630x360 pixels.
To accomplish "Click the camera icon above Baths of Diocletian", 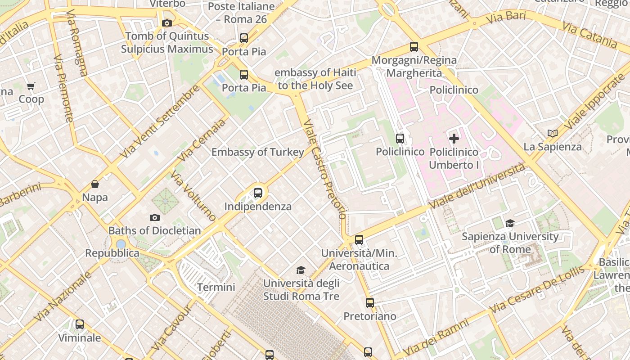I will [154, 218].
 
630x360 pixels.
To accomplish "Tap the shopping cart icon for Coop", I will [31, 86].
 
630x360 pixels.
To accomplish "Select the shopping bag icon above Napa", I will [95, 184].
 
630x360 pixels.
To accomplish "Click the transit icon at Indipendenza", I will [258, 193].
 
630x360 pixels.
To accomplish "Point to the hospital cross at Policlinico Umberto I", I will [454, 139].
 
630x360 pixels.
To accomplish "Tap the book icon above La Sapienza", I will [553, 133].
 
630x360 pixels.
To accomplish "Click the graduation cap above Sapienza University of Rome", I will [510, 223].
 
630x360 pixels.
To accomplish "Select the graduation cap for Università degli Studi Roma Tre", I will [301, 270].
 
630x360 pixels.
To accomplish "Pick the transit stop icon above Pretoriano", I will [370, 303].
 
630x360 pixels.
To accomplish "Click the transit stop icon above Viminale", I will [80, 324].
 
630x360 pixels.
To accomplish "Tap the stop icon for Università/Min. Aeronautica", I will [359, 240].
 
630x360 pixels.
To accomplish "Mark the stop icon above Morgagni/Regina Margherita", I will [414, 47].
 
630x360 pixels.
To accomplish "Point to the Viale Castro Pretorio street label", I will [325, 169].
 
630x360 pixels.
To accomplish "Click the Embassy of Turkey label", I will [258, 152].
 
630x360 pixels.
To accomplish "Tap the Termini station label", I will [216, 287].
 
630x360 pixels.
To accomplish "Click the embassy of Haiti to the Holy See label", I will [315, 79].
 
